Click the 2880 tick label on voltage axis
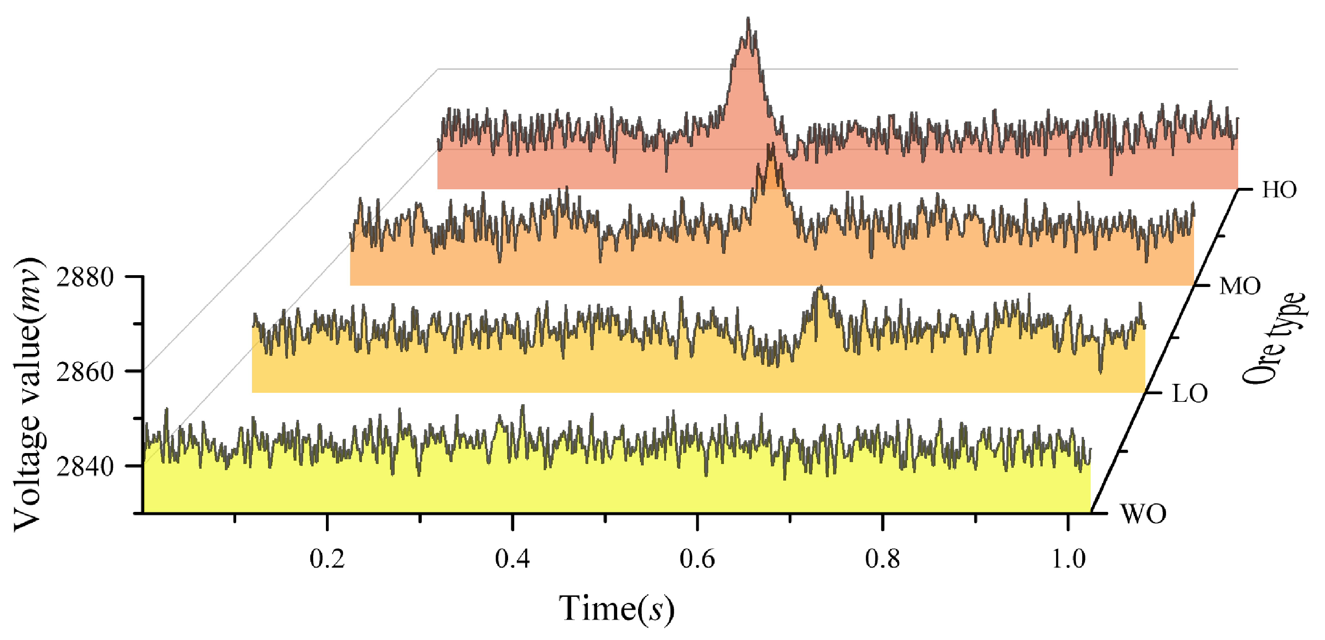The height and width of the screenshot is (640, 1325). (84, 278)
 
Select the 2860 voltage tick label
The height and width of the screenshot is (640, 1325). (84, 371)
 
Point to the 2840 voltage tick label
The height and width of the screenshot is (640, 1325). (84, 467)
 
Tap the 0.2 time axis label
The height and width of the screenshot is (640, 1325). (327, 559)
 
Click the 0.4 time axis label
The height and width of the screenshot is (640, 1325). (512, 559)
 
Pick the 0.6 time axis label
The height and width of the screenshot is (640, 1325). (697, 559)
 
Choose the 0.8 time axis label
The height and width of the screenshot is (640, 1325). (883, 559)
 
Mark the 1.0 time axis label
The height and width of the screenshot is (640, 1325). (1068, 559)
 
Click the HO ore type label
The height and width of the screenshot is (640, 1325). (1279, 190)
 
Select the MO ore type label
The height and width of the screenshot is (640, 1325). (1240, 286)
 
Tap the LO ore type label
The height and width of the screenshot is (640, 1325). (1189, 394)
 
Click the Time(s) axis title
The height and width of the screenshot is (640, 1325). (616, 609)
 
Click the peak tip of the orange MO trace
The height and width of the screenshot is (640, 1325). (770, 146)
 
